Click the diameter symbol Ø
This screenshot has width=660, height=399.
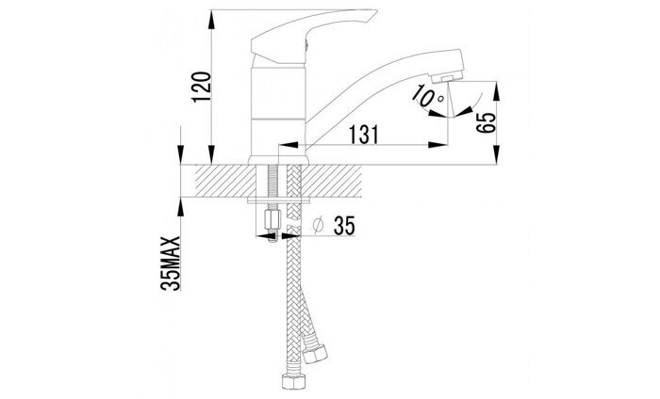tap(319, 227)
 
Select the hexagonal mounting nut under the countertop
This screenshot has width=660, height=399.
tap(270, 221)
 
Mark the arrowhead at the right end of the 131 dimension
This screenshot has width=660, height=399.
tap(442, 144)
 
